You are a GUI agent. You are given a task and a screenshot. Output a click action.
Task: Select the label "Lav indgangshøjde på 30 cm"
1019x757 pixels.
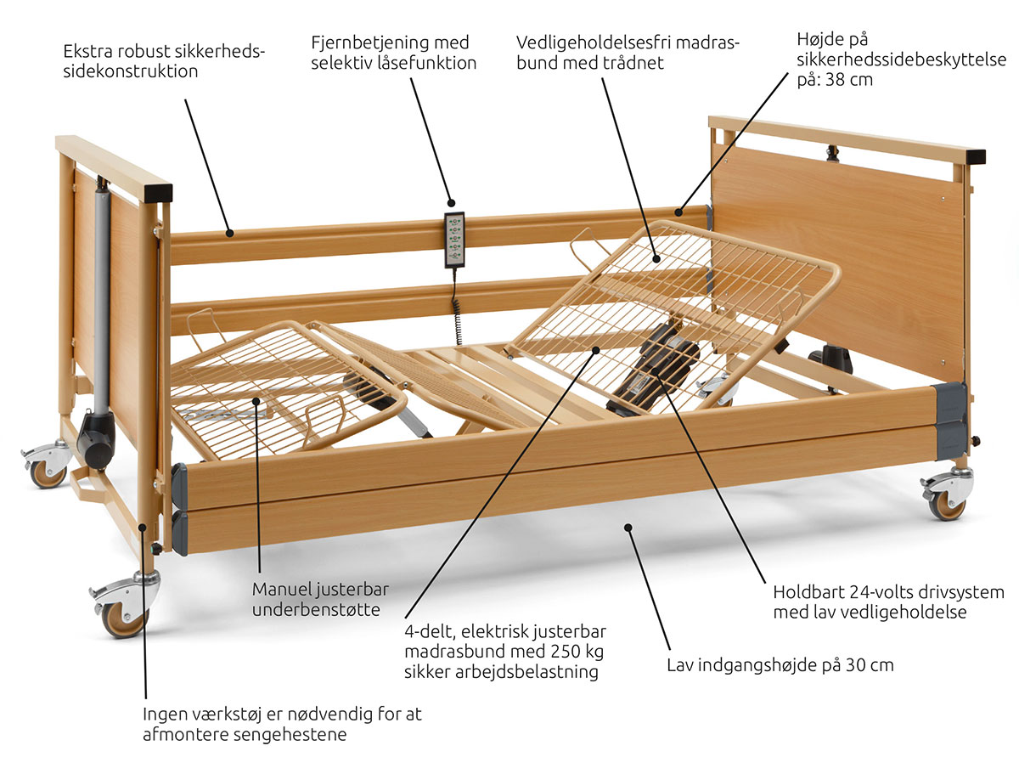tap(780, 664)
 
